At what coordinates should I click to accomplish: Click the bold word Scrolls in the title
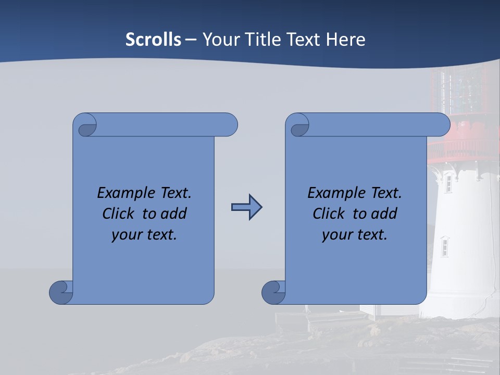click(x=153, y=40)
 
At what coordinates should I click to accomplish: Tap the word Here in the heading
click(x=345, y=40)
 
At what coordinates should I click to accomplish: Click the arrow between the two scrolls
click(x=246, y=207)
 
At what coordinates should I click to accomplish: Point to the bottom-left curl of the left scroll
click(x=60, y=292)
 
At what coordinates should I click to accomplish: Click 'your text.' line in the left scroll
click(x=144, y=234)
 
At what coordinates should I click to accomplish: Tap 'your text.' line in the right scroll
click(x=355, y=234)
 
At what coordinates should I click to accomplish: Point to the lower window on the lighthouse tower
click(x=444, y=246)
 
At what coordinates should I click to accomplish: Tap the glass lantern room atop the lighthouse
click(x=461, y=91)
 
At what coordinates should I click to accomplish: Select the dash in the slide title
click(x=191, y=40)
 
